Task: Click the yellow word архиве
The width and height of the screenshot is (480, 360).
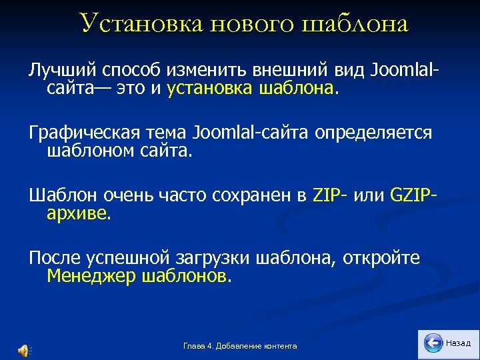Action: [77, 214]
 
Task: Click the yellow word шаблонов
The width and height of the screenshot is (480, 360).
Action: [184, 277]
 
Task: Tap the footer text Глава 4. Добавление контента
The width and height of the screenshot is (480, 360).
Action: [240, 346]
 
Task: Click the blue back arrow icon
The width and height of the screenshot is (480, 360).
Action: [433, 343]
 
